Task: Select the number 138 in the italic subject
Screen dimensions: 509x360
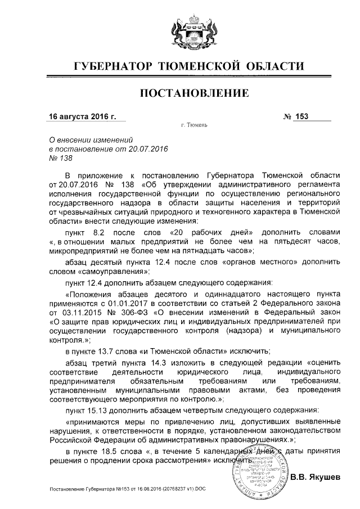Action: click(58, 159)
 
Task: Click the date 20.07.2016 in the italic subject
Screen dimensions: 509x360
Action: click(149, 149)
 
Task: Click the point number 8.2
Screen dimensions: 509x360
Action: click(98, 232)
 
